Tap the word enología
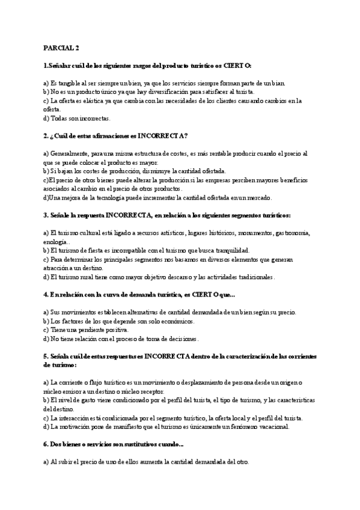57,241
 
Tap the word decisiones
175,339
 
